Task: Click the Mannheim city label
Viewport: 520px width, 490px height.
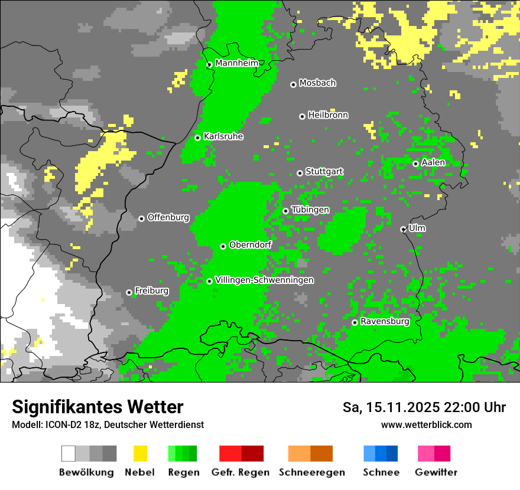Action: pyautogui.click(x=236, y=63)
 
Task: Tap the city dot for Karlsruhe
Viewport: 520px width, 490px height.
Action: pyautogui.click(x=198, y=138)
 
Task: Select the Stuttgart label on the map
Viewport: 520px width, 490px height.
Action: pyautogui.click(x=324, y=172)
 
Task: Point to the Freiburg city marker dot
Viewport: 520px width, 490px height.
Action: pyautogui.click(x=129, y=292)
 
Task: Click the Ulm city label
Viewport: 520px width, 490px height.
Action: pyautogui.click(x=417, y=228)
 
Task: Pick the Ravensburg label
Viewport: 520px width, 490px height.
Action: pyautogui.click(x=385, y=322)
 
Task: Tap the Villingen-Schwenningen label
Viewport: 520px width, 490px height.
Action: pyautogui.click(x=264, y=280)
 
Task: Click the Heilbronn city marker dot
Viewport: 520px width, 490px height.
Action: pyautogui.click(x=302, y=116)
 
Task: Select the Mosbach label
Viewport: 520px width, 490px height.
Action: pyautogui.click(x=317, y=83)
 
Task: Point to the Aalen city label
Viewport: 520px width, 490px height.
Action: pyautogui.click(x=433, y=162)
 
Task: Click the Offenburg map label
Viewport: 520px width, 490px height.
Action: pyautogui.click(x=168, y=217)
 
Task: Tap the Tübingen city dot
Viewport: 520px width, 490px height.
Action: pyautogui.click(x=285, y=211)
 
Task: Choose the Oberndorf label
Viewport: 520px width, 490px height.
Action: pyautogui.click(x=250, y=245)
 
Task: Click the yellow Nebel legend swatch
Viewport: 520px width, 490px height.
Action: pyautogui.click(x=140, y=453)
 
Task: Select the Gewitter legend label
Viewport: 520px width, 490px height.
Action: pyautogui.click(x=436, y=472)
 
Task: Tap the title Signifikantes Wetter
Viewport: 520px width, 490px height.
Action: pyautogui.click(x=97, y=407)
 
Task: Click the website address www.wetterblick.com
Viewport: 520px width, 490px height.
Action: pyautogui.click(x=426, y=424)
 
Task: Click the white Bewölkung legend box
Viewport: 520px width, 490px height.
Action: pyautogui.click(x=69, y=453)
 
